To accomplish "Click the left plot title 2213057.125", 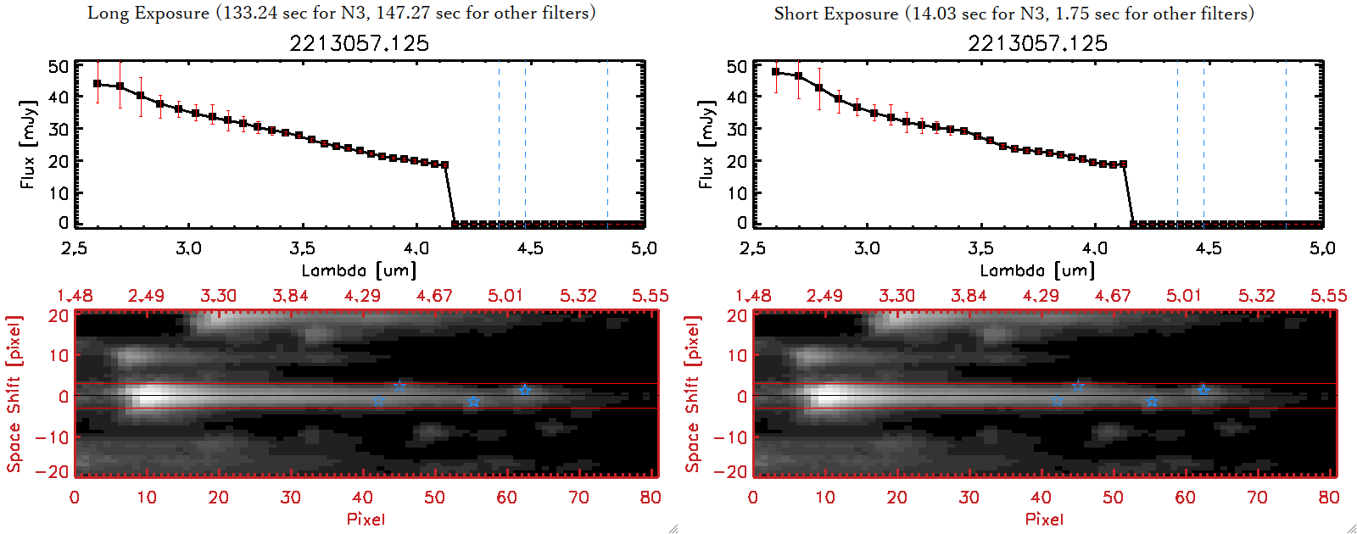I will coord(359,43).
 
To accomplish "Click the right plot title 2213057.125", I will coord(1037,43).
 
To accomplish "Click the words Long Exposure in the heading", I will coord(148,13).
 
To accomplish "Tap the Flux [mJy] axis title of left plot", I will coord(28,144).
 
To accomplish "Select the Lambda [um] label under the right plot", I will coord(1037,270).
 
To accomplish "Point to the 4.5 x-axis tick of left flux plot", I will coord(530,248).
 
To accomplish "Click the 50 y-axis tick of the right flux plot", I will coord(737,66).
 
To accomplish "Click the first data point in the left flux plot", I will coord(98,84).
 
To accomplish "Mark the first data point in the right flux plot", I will coord(776,72).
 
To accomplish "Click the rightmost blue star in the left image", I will coord(525,390).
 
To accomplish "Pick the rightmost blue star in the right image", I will coord(1203,390).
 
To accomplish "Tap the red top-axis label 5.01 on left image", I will coord(505,296).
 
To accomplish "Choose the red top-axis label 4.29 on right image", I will coord(1041,296).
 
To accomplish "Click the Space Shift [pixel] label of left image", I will coord(14,393).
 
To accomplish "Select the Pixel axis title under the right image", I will coord(1044,519).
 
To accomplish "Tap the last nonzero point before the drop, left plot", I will coord(445,165).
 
